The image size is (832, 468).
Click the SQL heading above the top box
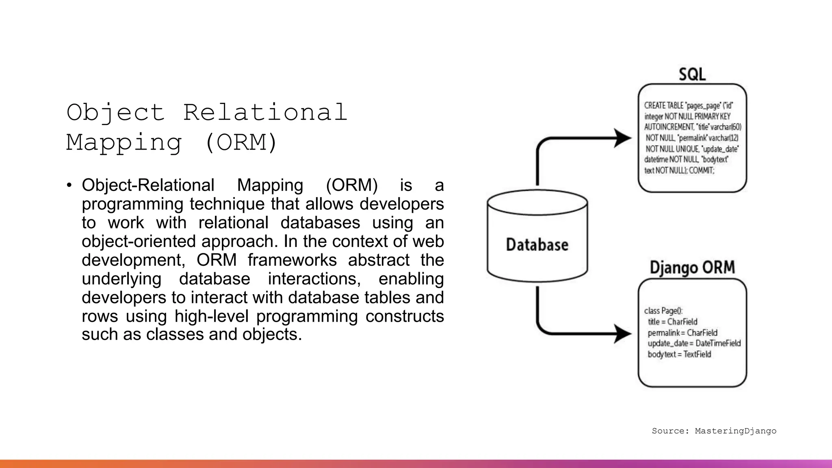692,74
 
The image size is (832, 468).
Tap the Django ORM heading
692,268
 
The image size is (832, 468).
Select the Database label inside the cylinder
537,245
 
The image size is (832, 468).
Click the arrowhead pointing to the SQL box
622,138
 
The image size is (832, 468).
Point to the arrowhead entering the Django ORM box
622,334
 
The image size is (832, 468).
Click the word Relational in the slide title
265,113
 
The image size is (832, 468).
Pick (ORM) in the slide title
241,143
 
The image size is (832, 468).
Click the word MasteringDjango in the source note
735,431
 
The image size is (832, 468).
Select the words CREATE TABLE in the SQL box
664,106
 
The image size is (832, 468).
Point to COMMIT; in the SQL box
702,171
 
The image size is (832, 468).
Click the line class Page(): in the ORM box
663,311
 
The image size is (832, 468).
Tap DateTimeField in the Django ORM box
718,343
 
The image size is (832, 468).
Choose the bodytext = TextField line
679,354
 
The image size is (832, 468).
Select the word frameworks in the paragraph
292,260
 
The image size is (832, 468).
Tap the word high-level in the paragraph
211,316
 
